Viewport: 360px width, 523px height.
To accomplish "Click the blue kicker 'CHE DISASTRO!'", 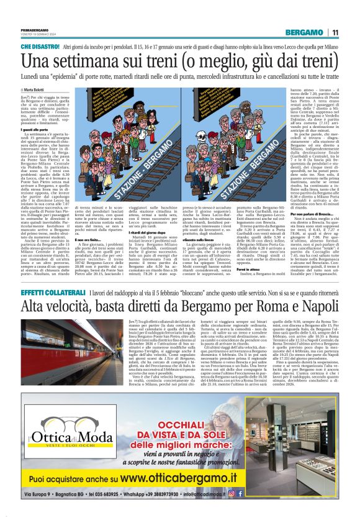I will click(40, 46).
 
